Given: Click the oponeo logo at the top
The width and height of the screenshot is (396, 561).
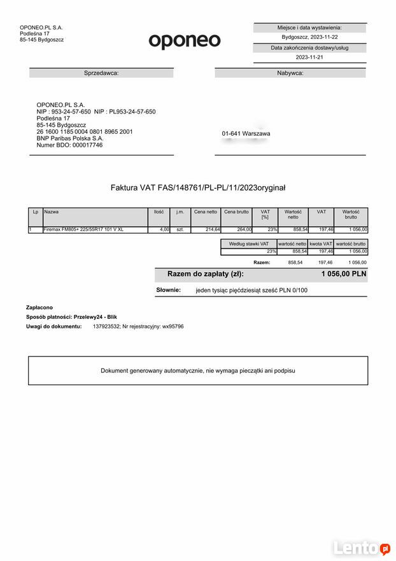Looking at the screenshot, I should click(x=185, y=41).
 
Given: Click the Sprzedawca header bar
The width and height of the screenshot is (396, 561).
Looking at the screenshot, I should click(x=101, y=73).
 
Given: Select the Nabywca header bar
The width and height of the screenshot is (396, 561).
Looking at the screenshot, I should click(x=290, y=73).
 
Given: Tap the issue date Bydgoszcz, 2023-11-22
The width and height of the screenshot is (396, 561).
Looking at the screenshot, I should click(x=309, y=37).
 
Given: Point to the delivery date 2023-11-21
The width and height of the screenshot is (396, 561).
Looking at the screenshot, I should click(x=309, y=57).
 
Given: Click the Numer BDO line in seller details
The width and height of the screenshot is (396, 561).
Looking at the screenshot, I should click(x=69, y=145).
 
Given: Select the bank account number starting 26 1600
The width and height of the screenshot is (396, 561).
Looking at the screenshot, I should click(x=85, y=131).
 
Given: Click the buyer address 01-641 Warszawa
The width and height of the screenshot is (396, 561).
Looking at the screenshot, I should click(x=246, y=134).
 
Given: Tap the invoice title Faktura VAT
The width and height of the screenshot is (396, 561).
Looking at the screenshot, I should click(x=198, y=187).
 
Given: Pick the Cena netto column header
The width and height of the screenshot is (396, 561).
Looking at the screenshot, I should click(x=206, y=212).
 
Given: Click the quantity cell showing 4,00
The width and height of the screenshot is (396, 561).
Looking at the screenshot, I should click(x=164, y=229).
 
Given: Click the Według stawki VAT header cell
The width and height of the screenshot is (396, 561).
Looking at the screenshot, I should click(x=248, y=244).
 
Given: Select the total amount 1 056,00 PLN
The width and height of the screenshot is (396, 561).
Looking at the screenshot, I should click(x=344, y=274).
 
